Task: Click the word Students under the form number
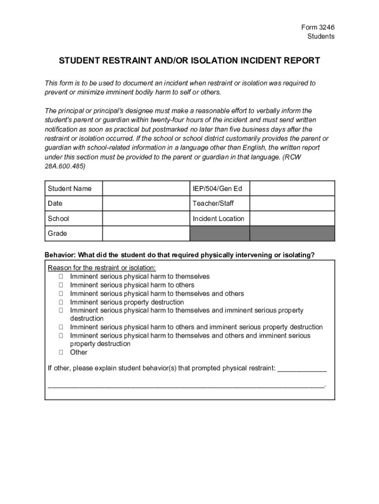click(321, 36)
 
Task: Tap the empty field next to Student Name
click(146, 189)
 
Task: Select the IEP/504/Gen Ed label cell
click(220, 189)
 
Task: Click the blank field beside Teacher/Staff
click(292, 203)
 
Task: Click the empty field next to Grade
click(146, 233)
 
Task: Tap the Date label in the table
click(55, 203)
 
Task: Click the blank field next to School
click(146, 219)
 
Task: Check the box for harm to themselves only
click(61, 277)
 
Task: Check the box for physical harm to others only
click(61, 285)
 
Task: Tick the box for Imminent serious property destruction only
click(61, 302)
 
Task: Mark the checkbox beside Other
click(61, 352)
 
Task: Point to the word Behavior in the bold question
click(60, 254)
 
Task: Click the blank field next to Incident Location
click(292, 219)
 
